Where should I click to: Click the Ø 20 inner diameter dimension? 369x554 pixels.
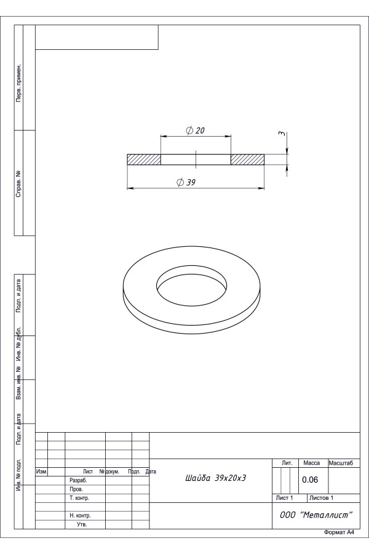point(196,130)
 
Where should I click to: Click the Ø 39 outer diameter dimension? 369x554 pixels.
point(186,182)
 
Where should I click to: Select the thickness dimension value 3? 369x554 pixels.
point(282,134)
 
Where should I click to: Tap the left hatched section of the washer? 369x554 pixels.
point(144,159)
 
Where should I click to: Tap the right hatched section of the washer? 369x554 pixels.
point(247,159)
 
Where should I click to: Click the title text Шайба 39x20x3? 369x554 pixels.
point(215,478)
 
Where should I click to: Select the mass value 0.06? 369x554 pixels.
point(310,480)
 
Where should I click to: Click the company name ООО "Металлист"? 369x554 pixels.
point(316,515)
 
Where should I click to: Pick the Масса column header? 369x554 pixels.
point(311,463)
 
